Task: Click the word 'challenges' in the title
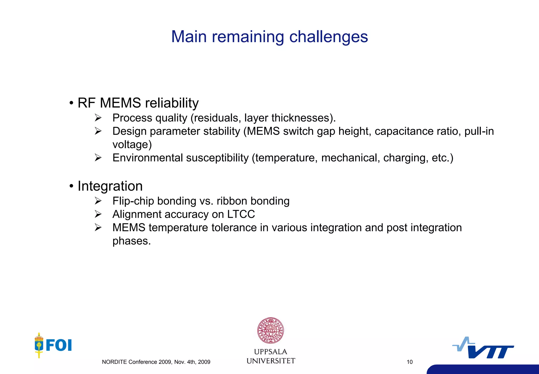coord(328,37)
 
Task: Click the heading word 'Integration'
coord(110,186)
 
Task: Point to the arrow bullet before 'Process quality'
coord(98,118)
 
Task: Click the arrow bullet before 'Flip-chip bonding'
coord(98,201)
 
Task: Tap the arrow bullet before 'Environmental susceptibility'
coord(98,158)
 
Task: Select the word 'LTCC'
coord(241,214)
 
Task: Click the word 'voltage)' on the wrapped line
coord(132,145)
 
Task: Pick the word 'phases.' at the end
coord(132,241)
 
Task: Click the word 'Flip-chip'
coord(133,201)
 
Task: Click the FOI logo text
coord(59,345)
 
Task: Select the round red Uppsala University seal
coord(271,330)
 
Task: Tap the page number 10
coord(410,362)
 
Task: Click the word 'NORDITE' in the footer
coord(114,362)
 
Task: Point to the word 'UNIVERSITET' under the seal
coord(271,361)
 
